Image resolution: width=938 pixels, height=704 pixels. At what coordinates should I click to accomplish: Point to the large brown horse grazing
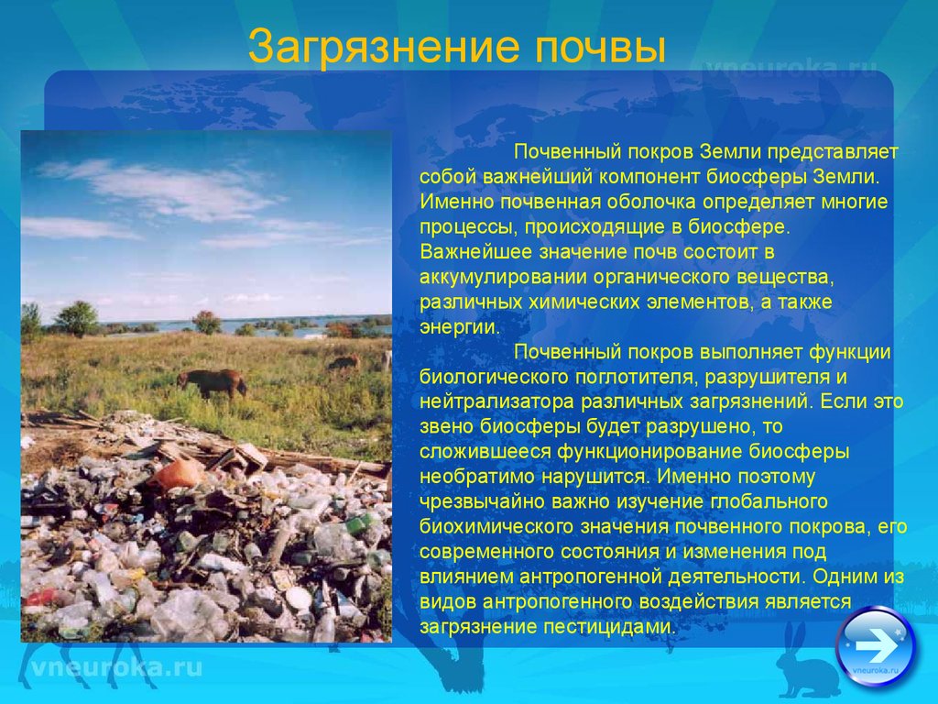click(x=212, y=383)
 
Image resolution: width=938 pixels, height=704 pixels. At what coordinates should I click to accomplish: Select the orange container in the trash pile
click(x=177, y=474)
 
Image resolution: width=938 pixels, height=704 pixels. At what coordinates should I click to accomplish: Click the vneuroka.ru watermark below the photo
click(x=116, y=667)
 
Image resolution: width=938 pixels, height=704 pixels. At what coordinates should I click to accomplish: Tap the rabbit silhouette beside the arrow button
click(x=804, y=662)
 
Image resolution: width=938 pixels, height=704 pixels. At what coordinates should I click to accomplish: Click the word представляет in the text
click(x=833, y=153)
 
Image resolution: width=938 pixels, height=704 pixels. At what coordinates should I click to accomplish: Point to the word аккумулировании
click(x=504, y=278)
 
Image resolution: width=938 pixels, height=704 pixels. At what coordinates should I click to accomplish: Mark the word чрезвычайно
click(x=483, y=501)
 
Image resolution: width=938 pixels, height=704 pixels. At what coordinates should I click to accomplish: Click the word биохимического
click(x=496, y=527)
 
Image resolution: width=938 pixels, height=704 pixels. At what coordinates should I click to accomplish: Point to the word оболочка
click(x=651, y=203)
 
